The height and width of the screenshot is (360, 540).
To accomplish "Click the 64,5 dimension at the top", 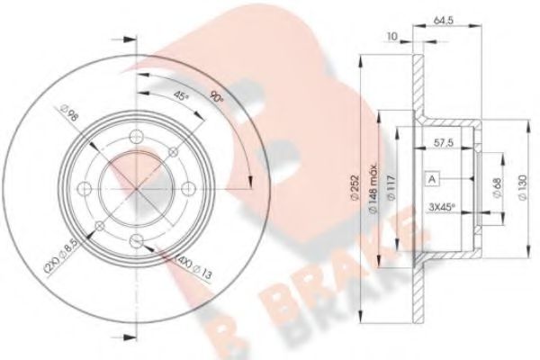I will [443, 19].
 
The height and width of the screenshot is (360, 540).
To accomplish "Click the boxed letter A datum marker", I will [433, 179].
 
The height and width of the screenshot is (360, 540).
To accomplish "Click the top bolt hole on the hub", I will [135, 137].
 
